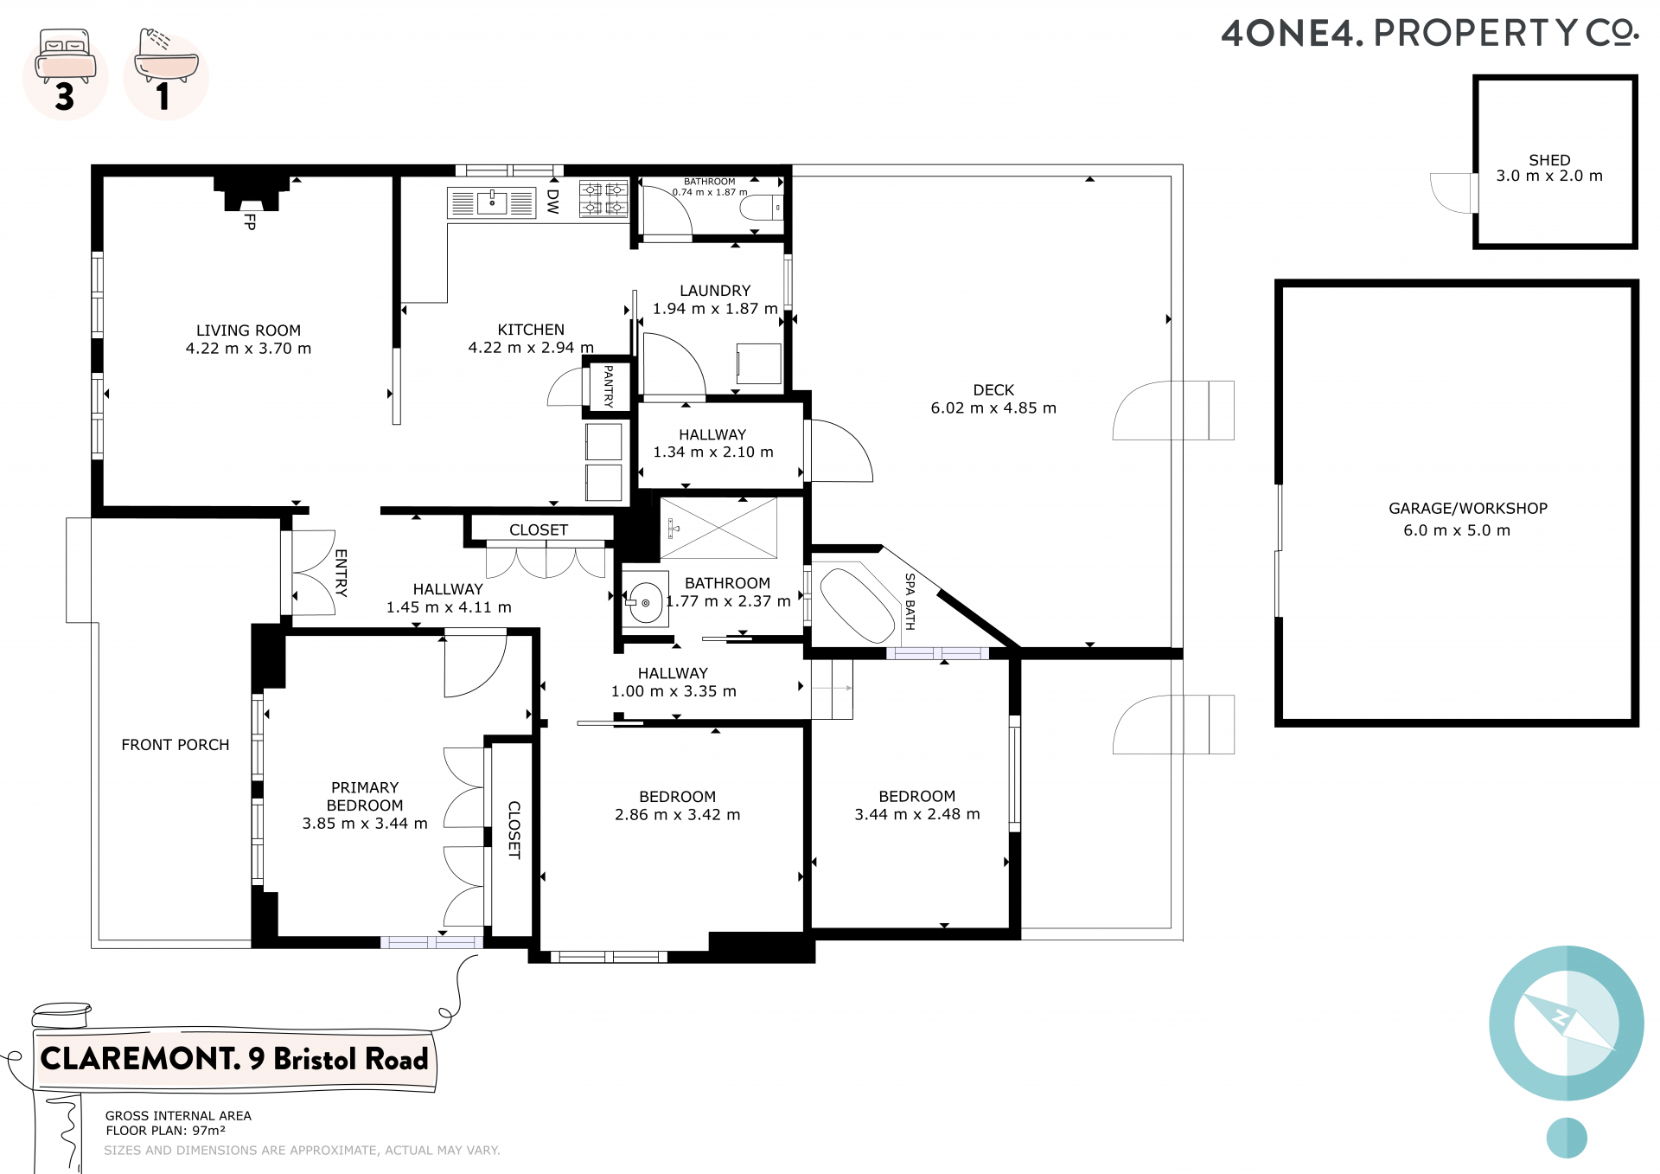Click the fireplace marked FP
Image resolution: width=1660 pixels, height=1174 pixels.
tap(251, 194)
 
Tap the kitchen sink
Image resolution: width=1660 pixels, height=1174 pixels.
tap(492, 203)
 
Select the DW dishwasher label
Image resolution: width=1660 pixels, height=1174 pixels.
tap(553, 202)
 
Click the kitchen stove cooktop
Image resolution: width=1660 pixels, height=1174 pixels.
tap(603, 199)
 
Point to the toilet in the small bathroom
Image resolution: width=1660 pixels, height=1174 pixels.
tap(762, 208)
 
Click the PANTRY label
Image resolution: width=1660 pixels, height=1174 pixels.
tap(608, 386)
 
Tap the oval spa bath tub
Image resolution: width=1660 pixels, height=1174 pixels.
tap(857, 605)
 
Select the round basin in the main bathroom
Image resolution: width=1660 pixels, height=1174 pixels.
tap(645, 602)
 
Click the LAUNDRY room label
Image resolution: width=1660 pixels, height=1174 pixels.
tap(715, 291)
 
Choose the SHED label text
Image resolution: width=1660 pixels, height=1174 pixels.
tap(1549, 160)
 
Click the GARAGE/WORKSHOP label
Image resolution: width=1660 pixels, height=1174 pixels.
tap(1468, 509)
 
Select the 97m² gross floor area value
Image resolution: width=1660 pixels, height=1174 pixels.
tap(208, 1131)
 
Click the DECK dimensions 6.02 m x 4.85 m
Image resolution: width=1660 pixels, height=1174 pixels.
tap(993, 408)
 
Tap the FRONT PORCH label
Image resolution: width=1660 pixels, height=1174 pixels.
tap(176, 745)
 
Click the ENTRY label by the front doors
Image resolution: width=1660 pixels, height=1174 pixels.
tap(341, 573)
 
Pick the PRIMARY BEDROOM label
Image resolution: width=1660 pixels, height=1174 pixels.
tap(365, 796)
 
